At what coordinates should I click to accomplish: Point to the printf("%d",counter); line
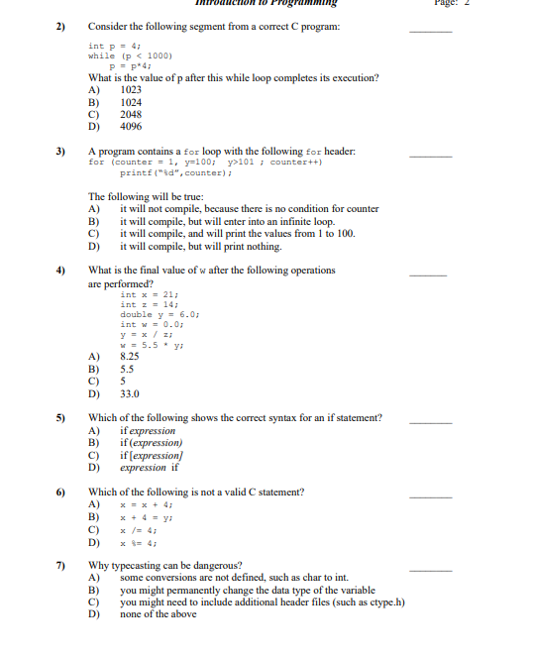click(x=175, y=173)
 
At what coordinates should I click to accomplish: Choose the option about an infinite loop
click(x=227, y=221)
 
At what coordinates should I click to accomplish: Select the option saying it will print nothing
click(x=200, y=246)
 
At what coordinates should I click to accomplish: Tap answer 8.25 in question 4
click(x=130, y=354)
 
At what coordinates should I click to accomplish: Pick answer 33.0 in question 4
click(x=130, y=393)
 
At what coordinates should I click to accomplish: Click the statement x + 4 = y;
click(x=147, y=516)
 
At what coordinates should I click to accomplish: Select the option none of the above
click(x=159, y=614)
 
